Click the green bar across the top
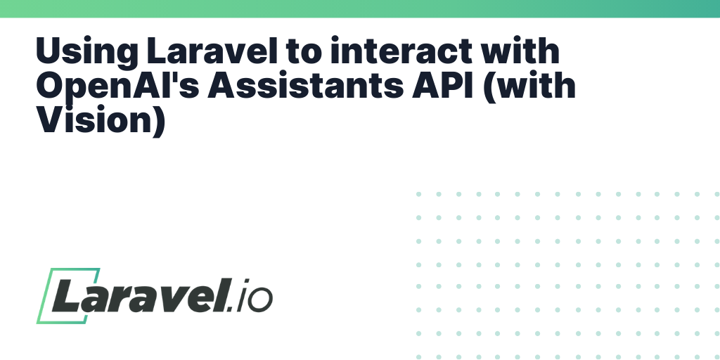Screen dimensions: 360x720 (x=360, y=8)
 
